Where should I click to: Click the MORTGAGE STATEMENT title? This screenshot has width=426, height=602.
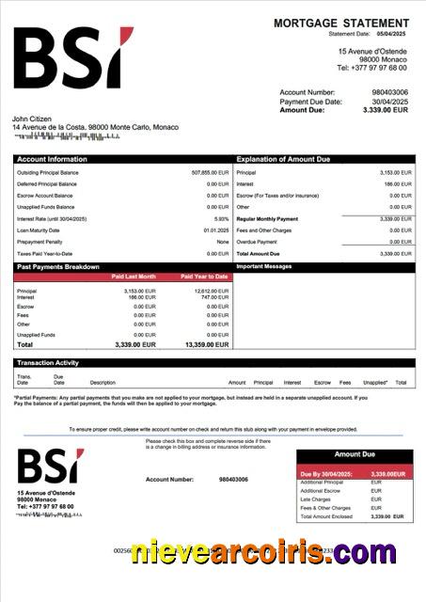[341, 23]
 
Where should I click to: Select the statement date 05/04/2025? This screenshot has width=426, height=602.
[394, 34]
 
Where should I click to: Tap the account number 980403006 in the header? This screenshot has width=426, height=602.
[389, 92]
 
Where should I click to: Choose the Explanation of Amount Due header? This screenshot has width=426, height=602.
[282, 159]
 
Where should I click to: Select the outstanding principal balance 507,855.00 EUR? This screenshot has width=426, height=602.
[210, 173]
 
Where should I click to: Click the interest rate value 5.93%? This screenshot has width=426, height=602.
[221, 218]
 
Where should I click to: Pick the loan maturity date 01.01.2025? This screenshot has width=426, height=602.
[215, 230]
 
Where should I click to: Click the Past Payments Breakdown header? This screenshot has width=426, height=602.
[58, 267]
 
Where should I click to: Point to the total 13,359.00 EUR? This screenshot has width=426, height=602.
[208, 345]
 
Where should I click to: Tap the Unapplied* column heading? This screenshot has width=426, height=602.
[375, 383]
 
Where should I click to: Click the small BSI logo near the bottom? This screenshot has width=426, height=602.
[48, 467]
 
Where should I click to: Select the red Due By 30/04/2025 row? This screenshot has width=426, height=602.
[355, 473]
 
